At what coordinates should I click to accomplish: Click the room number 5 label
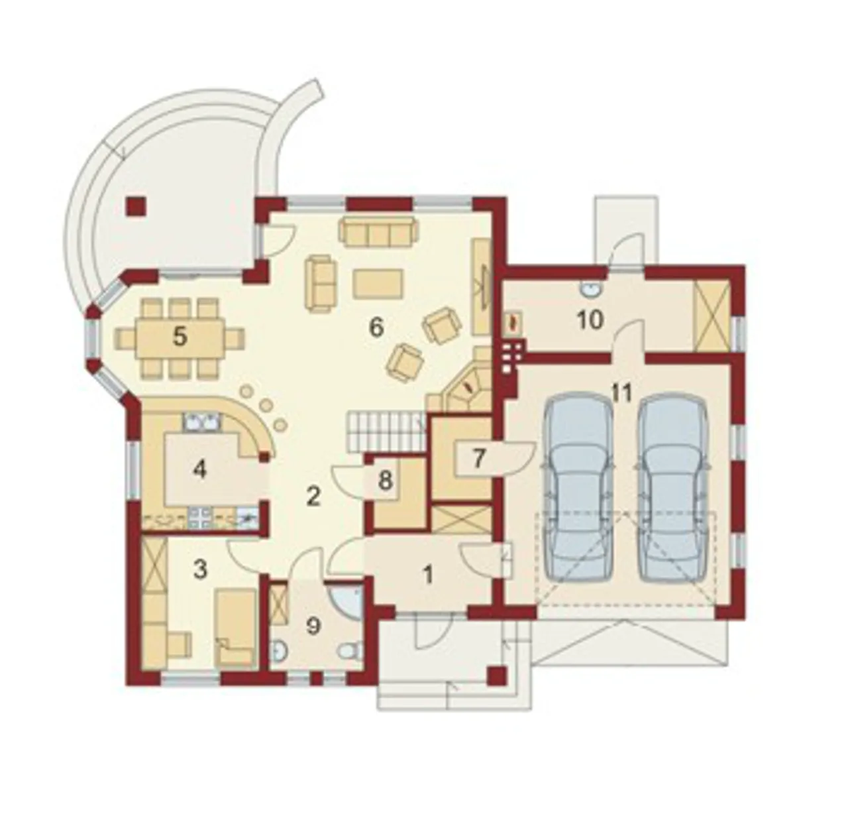[180, 336]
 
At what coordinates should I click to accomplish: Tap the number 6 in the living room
[376, 327]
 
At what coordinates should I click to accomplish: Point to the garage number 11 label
[621, 393]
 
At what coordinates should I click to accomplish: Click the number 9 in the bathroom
[313, 626]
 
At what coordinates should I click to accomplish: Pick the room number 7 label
[478, 458]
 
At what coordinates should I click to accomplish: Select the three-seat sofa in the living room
[378, 231]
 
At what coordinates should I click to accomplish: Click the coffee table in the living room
[378, 284]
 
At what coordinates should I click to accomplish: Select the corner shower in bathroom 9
[346, 602]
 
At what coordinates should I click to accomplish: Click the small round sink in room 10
[589, 289]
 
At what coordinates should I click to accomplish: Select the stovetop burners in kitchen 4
[199, 517]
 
